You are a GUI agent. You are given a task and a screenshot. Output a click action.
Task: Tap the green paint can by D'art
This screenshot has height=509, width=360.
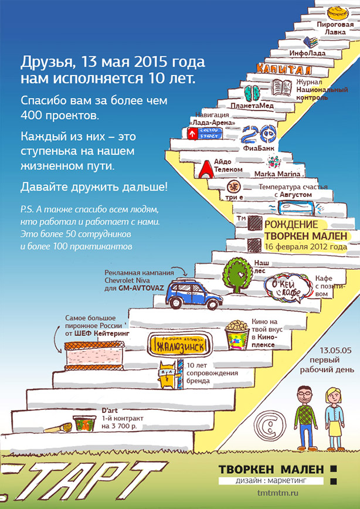pos(81,423)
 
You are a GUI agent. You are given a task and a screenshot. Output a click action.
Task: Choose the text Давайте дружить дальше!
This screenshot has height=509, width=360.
pos(94,187)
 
